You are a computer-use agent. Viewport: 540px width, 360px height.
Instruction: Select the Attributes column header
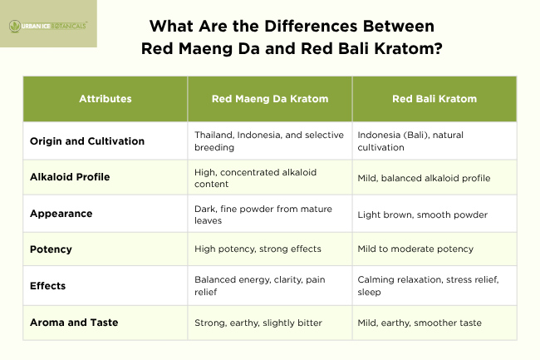tap(106, 99)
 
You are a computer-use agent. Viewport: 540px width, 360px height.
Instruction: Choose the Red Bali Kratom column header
tap(434, 99)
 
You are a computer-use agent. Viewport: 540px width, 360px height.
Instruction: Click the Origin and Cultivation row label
tap(87, 141)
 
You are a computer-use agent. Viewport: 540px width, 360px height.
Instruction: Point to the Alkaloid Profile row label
tap(71, 177)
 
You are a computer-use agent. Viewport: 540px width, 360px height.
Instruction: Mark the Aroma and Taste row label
tap(76, 322)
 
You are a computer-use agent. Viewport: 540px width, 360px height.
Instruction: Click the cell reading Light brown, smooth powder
tap(422, 215)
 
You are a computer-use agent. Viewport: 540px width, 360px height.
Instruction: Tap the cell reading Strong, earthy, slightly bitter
tap(258, 323)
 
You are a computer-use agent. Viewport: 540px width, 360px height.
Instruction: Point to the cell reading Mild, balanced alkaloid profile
tap(424, 178)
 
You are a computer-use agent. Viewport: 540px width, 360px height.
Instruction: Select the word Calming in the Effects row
tap(377, 280)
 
